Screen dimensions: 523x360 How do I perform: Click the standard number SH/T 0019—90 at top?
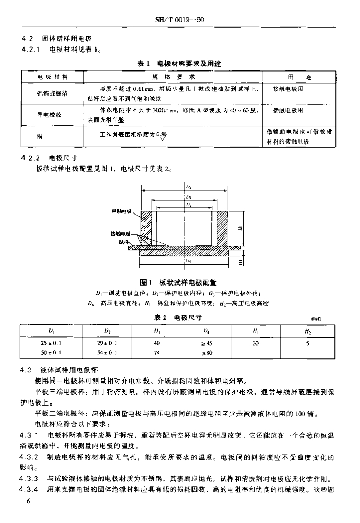[x=183, y=21]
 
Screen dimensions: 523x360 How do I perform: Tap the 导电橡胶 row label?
[x=49, y=115]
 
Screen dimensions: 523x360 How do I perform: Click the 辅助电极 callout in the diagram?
[x=121, y=210]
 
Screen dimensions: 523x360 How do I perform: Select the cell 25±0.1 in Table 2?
[x=51, y=343]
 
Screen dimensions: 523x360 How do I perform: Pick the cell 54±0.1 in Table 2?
[x=108, y=353]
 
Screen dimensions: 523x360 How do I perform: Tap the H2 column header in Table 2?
[x=308, y=331]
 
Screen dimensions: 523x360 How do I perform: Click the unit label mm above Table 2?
[x=322, y=319]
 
